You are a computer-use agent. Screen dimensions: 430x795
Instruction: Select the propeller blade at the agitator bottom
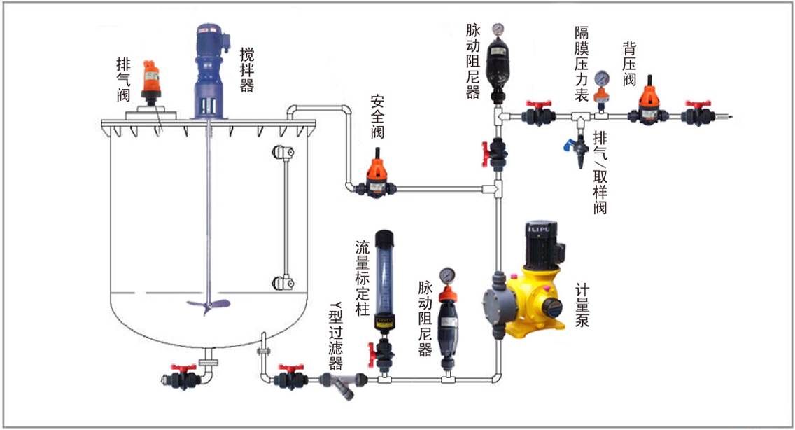tap(208, 305)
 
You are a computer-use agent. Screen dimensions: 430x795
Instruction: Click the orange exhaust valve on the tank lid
tap(151, 79)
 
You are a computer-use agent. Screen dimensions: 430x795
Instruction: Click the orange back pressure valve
tap(649, 104)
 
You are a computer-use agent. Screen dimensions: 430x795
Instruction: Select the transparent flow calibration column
tap(384, 279)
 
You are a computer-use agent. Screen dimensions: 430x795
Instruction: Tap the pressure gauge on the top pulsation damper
tap(498, 29)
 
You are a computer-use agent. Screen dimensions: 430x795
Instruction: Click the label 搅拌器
tap(246, 69)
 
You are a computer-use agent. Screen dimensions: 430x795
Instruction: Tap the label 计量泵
tap(582, 305)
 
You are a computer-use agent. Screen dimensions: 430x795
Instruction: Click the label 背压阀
tap(629, 64)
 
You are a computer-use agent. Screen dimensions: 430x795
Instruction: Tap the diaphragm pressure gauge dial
tap(601, 78)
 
